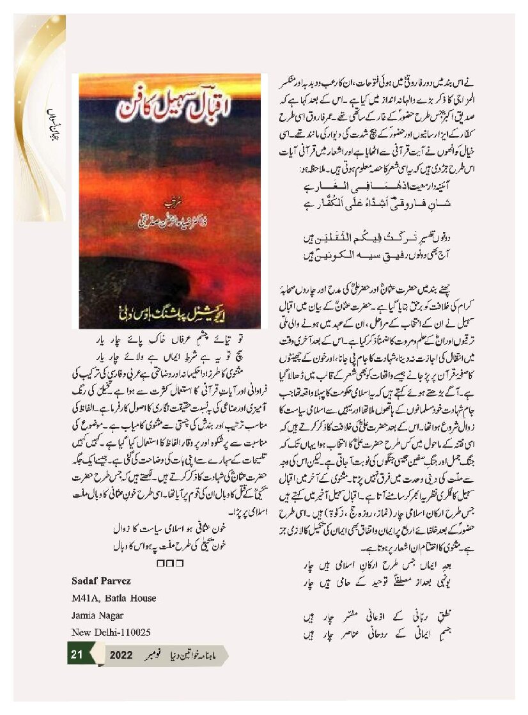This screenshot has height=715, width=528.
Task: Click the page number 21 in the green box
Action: [x=77, y=655]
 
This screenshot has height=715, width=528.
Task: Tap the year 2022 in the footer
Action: [x=121, y=656]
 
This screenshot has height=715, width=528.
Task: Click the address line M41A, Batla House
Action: [x=114, y=599]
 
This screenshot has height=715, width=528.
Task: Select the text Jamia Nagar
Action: [x=97, y=615]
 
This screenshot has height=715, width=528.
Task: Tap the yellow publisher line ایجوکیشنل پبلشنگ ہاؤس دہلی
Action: [x=169, y=314]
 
